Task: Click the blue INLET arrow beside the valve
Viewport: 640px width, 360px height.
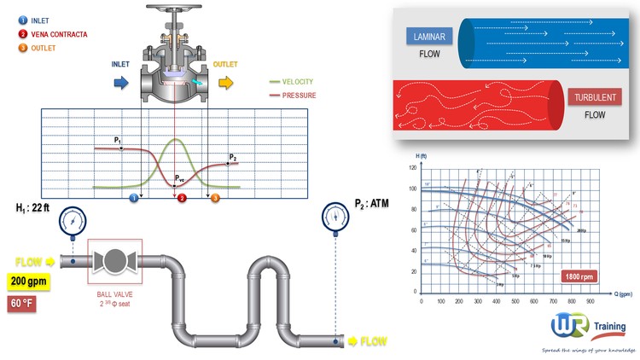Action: click(x=119, y=82)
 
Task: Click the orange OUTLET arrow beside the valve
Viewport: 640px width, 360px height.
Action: click(x=225, y=82)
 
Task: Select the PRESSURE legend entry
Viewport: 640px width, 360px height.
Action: click(x=295, y=96)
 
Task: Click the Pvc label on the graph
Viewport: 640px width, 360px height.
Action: click(x=179, y=178)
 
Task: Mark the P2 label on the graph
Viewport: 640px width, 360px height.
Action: click(x=232, y=157)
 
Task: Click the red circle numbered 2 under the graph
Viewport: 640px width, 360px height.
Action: click(x=181, y=198)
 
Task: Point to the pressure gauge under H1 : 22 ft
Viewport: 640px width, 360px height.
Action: click(x=73, y=223)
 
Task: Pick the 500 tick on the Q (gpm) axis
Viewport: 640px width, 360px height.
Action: click(x=515, y=301)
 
